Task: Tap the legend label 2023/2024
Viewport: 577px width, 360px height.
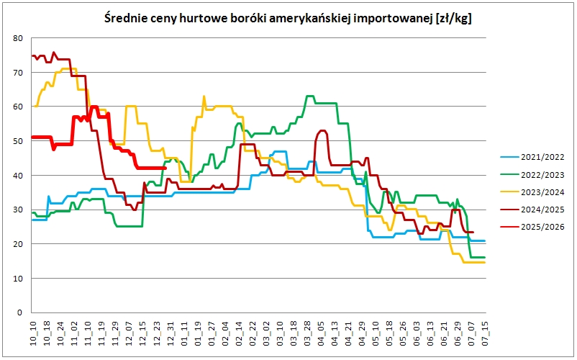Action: [x=542, y=192]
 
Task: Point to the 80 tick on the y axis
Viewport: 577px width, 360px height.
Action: [x=18, y=38]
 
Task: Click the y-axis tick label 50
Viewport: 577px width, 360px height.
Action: [x=18, y=141]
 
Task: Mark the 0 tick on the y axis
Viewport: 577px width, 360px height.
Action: [x=20, y=312]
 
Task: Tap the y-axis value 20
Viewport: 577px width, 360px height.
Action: [x=18, y=244]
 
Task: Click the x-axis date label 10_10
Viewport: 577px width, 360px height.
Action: [x=33, y=333]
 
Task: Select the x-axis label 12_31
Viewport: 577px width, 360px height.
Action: [x=170, y=333]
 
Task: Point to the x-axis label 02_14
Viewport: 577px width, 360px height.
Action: [x=239, y=333]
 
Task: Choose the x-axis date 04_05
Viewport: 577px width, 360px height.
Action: [x=321, y=333]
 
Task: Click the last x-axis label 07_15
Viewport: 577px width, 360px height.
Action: [x=486, y=333]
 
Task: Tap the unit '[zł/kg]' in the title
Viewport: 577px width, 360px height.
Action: [x=454, y=19]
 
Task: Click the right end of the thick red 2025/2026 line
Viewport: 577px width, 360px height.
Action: [x=165, y=168]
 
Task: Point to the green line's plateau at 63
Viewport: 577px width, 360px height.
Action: [x=310, y=96]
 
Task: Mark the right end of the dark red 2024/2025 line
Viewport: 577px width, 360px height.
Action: [x=473, y=232]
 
